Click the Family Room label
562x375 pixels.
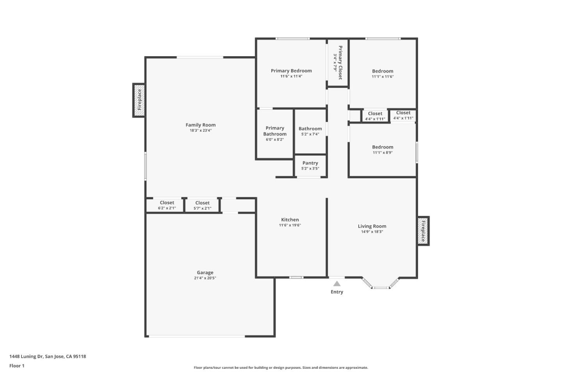(201, 125)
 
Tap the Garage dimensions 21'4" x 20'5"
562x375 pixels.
(205, 278)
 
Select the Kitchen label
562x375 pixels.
(290, 220)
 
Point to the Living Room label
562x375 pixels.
(372, 226)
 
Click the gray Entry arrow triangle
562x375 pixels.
(337, 284)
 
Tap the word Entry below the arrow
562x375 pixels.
(337, 292)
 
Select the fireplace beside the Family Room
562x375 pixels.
(139, 100)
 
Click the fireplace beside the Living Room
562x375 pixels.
(423, 231)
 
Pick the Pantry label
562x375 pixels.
(310, 163)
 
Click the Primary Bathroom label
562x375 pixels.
(275, 131)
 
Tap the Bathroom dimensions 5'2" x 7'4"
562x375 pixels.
(310, 134)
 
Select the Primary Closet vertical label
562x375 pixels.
(340, 62)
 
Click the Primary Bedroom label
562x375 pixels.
(291, 71)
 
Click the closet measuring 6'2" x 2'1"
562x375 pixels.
(167, 205)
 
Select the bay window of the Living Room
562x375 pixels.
(381, 285)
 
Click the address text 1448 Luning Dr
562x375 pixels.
(48, 356)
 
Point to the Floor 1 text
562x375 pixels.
(17, 366)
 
